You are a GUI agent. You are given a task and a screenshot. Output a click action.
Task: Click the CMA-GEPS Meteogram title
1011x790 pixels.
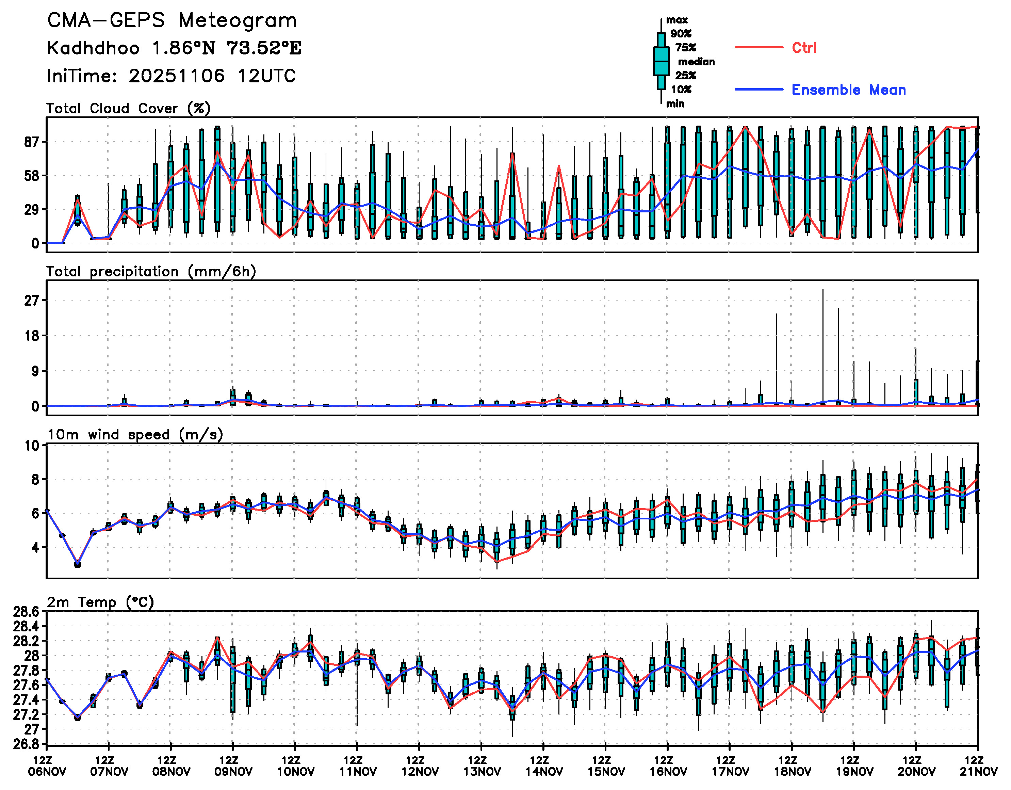click(x=172, y=20)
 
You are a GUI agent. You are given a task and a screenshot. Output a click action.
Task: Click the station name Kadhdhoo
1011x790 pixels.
click(x=93, y=48)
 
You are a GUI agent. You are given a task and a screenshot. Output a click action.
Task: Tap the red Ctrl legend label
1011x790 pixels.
click(x=804, y=48)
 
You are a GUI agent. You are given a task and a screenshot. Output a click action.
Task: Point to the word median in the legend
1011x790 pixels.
click(x=696, y=62)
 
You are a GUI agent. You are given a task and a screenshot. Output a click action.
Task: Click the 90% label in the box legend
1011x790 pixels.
click(x=681, y=34)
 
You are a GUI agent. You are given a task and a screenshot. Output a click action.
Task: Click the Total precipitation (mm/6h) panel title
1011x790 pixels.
click(x=151, y=271)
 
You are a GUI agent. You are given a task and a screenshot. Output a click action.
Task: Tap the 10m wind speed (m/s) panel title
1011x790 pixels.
click(x=135, y=434)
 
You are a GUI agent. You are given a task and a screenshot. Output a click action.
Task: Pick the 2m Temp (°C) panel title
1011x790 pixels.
click(x=100, y=602)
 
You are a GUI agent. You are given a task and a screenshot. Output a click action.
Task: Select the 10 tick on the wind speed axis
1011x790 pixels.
click(x=32, y=446)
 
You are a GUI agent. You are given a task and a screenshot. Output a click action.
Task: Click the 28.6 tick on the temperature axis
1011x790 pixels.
click(x=26, y=612)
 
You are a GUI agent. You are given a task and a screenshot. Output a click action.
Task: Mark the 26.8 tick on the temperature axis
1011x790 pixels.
click(x=26, y=744)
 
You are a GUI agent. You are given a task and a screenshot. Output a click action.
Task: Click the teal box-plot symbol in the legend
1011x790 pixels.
click(x=661, y=61)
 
